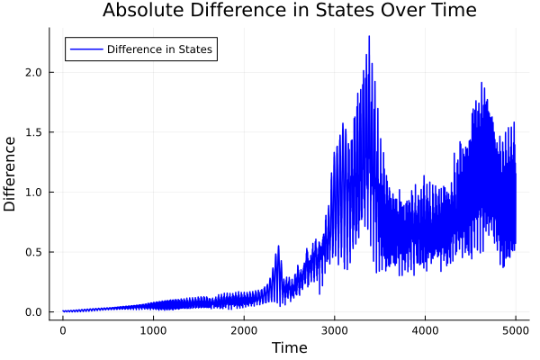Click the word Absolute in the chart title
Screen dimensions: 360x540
click(142, 11)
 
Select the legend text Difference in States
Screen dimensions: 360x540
click(159, 49)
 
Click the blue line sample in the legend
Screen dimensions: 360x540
click(85, 49)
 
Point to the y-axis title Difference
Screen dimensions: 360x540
click(11, 174)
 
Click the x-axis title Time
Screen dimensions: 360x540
click(289, 348)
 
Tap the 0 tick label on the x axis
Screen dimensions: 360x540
click(63, 331)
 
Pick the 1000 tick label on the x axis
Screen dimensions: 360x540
click(153, 331)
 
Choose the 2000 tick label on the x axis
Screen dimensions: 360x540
click(244, 331)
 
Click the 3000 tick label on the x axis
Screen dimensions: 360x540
click(335, 331)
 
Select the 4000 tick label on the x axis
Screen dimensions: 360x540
click(425, 331)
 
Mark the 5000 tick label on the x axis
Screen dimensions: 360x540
click(516, 331)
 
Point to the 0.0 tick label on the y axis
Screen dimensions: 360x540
click(33, 312)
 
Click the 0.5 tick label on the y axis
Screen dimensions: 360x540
click(33, 252)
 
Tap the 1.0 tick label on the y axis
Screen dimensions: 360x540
click(33, 192)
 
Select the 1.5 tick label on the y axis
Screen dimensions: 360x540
click(33, 132)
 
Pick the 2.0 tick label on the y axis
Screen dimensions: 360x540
click(33, 72)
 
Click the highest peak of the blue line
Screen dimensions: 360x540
click(369, 37)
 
